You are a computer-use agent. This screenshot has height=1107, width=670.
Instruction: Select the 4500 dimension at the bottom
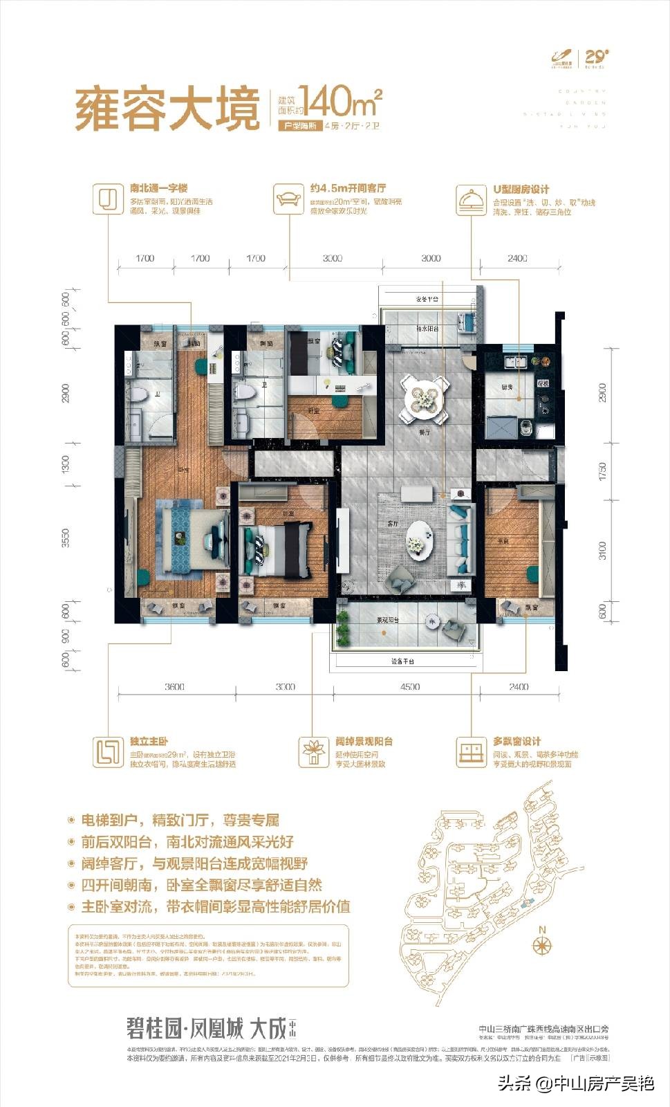[x=409, y=686]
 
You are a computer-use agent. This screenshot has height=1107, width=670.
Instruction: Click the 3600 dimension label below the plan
[x=175, y=686]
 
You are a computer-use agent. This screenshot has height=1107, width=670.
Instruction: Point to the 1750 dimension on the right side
[x=602, y=473]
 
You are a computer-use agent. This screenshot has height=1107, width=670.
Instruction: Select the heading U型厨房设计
[x=521, y=189]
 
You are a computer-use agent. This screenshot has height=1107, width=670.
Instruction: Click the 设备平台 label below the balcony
[x=402, y=661]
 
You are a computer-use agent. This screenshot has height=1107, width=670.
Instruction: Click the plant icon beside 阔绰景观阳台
[x=314, y=751]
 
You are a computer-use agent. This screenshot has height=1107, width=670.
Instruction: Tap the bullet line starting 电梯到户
[x=180, y=821]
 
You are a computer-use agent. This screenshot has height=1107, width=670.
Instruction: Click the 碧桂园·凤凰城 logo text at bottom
[x=185, y=1028]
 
